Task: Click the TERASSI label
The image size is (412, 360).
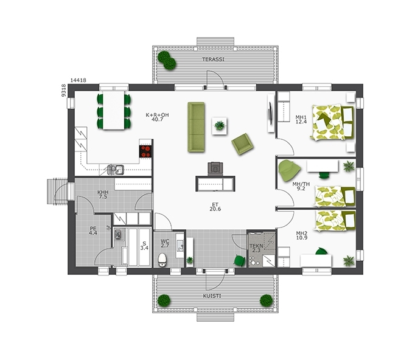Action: [x=214, y=60]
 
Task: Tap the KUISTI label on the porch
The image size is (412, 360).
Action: [x=212, y=296]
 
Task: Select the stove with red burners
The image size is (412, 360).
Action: [x=145, y=151]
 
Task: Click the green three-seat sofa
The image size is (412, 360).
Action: [x=196, y=127]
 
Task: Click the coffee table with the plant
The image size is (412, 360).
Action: [x=220, y=126]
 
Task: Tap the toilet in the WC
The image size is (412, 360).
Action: [x=162, y=260]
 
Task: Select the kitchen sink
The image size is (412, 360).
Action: [x=116, y=169]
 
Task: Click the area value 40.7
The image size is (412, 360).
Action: [x=158, y=119]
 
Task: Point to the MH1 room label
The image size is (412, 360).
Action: [x=301, y=117]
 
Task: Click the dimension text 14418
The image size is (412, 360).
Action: [x=79, y=80]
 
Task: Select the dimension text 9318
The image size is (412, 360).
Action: [x=63, y=91]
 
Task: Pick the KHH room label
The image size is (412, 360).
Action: [x=103, y=192]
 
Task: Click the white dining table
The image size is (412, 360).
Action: [x=114, y=110]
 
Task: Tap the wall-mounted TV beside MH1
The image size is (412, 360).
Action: [x=270, y=113]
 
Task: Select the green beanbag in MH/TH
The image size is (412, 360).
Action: [x=289, y=170]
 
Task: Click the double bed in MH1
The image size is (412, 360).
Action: [x=332, y=122]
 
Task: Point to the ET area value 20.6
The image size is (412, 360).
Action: [x=215, y=209]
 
